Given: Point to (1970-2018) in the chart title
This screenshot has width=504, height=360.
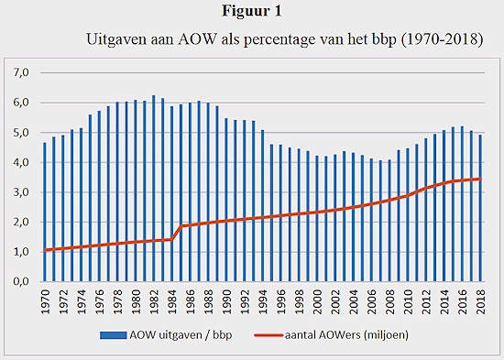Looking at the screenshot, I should [x=432, y=41].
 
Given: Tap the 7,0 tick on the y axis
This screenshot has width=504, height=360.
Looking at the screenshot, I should [x=20, y=72].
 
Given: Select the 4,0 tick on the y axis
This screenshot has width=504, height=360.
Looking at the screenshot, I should [x=20, y=162].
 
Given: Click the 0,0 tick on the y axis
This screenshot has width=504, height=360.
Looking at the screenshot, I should [x=20, y=281].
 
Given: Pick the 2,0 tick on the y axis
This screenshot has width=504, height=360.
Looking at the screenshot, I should [x=20, y=222].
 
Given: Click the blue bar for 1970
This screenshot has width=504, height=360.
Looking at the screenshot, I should [x=45, y=212].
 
